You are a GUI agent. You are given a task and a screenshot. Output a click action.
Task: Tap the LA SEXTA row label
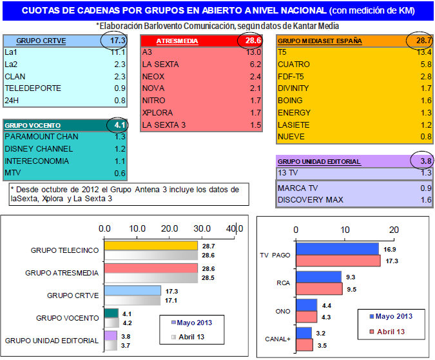161,65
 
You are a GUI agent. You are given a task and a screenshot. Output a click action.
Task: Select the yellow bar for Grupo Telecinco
150,246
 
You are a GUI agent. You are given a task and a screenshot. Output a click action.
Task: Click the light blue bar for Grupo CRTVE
131,291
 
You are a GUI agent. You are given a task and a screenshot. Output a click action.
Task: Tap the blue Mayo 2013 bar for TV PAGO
337,249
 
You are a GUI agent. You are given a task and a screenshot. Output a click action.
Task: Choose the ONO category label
282,310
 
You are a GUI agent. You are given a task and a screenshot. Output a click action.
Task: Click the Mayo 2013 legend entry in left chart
190,322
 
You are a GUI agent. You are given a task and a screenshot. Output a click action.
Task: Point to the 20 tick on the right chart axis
394,229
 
